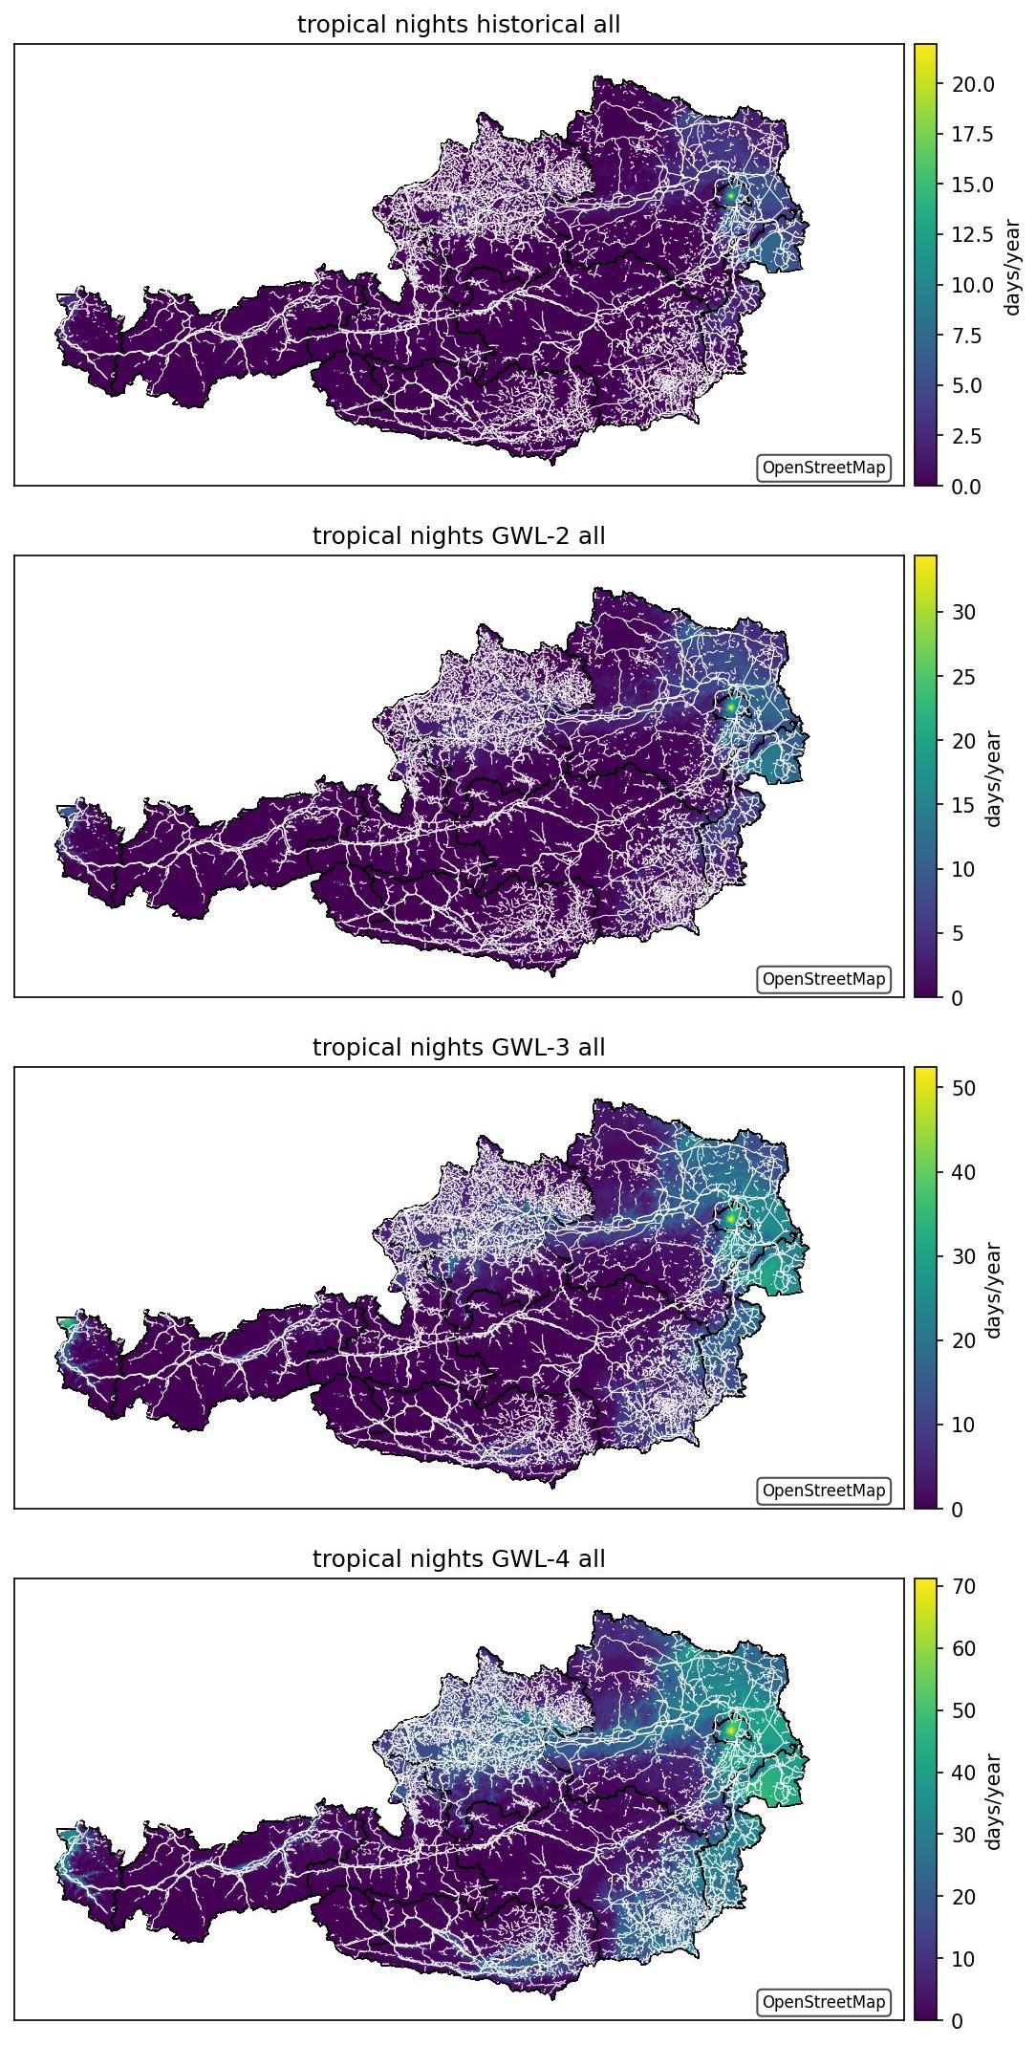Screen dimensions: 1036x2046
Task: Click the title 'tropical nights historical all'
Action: (x=459, y=25)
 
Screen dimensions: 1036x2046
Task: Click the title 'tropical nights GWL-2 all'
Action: (x=459, y=536)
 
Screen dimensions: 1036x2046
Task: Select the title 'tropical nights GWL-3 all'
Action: (x=459, y=1048)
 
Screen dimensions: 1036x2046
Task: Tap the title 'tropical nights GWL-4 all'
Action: (x=459, y=1559)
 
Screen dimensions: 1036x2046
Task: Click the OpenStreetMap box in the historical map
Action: (x=824, y=468)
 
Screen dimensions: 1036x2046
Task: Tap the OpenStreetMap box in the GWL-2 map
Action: (x=824, y=980)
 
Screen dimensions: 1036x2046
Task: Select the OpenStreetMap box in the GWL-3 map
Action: (x=824, y=1491)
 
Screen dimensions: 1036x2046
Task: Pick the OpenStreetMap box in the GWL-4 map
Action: (x=824, y=2003)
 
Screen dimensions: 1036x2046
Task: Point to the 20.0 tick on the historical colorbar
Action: (x=972, y=84)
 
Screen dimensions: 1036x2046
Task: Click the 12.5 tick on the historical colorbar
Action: (x=972, y=235)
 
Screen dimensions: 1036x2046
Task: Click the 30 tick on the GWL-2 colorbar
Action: (x=963, y=613)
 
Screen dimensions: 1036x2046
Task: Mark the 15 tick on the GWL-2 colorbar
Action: (x=963, y=806)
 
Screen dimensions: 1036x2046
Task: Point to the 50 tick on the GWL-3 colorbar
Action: (x=963, y=1089)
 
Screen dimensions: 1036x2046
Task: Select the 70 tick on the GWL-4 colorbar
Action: (x=963, y=1587)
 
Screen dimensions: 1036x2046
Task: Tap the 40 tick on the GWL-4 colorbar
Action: (x=963, y=1773)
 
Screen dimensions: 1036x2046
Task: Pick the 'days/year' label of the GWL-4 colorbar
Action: (x=994, y=1801)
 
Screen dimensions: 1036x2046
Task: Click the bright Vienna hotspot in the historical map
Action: (x=731, y=194)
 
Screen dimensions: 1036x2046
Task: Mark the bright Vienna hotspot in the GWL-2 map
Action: (x=731, y=706)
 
